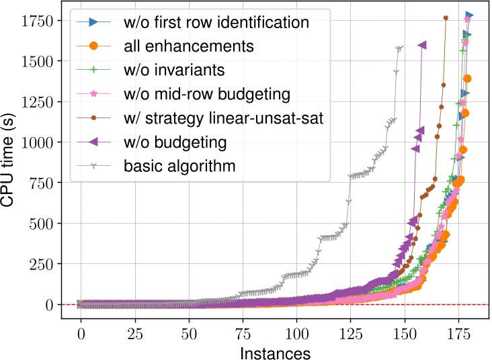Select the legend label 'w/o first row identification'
216,22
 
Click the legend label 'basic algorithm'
179,165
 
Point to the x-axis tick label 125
351,334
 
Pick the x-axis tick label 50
189,334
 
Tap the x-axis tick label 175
458,334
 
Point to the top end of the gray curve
401,48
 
